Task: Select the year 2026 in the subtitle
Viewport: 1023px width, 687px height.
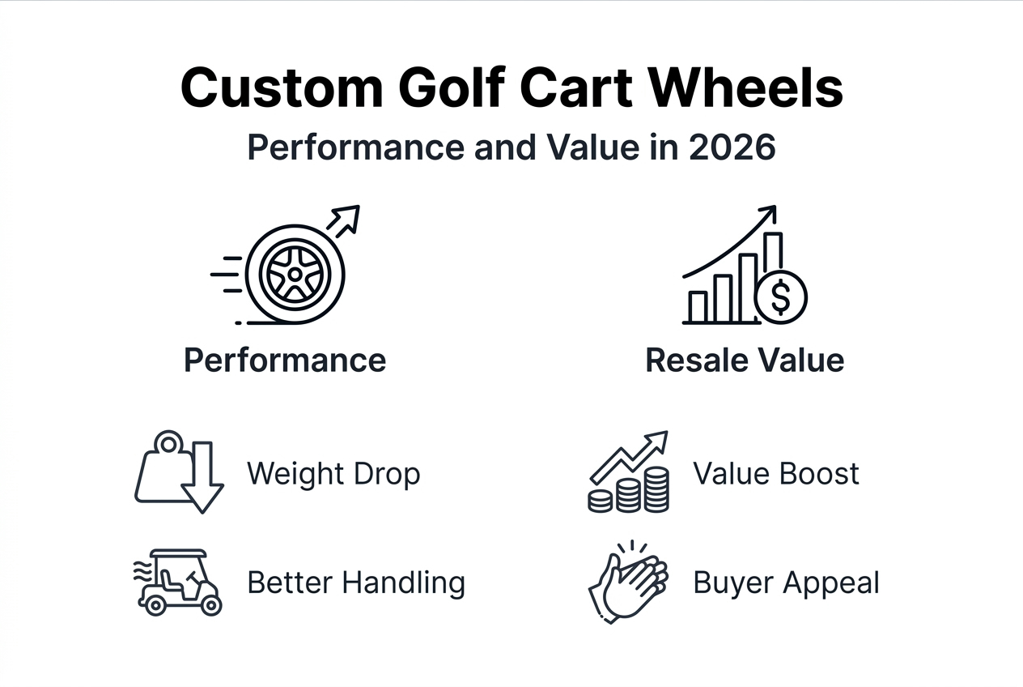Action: click(732, 148)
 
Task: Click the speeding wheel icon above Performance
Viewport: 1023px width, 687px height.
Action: click(295, 274)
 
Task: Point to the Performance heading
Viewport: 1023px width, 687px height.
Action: click(285, 360)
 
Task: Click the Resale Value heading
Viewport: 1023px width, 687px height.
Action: click(745, 360)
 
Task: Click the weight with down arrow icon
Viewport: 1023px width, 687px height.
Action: click(178, 472)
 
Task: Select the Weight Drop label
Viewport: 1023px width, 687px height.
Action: click(333, 473)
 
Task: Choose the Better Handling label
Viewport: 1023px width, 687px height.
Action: click(356, 582)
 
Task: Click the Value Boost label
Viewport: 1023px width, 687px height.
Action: click(776, 473)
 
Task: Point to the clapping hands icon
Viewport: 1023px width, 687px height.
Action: click(628, 580)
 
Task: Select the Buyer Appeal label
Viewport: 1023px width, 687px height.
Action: click(786, 582)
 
